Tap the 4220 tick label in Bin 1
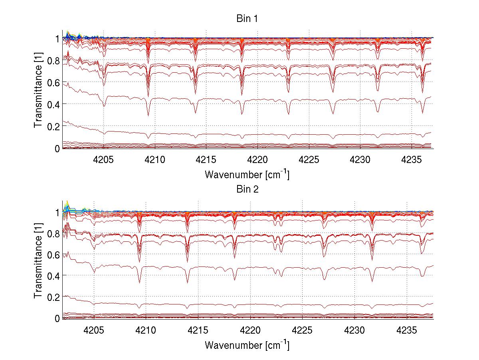tap(257, 159)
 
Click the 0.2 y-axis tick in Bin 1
tap(53, 126)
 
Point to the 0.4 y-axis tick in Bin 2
tap(53, 276)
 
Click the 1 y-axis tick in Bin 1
tap(57, 39)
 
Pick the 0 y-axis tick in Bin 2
tap(57, 318)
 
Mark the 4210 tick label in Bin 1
tap(155, 159)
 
